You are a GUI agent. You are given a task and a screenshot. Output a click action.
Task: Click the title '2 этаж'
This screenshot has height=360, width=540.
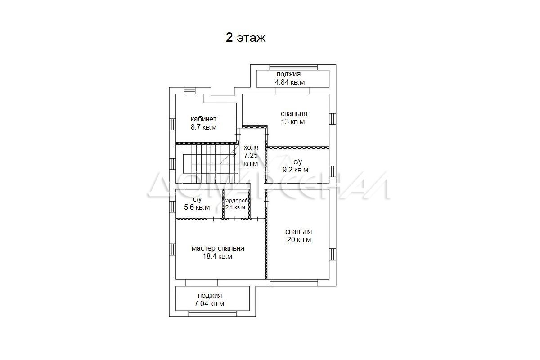(x=246, y=38)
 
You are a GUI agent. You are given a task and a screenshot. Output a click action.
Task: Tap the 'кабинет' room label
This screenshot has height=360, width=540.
(x=203, y=119)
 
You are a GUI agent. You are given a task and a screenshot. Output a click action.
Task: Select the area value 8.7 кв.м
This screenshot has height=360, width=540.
(x=204, y=127)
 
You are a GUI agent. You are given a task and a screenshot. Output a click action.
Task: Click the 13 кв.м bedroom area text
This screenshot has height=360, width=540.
(x=293, y=122)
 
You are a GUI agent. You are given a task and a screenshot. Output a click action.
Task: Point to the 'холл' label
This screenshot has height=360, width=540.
(x=251, y=148)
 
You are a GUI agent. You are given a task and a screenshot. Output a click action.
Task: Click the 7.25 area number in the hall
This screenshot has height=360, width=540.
(x=251, y=155)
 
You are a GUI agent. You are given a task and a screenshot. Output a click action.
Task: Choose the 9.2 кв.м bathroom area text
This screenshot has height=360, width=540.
(x=295, y=170)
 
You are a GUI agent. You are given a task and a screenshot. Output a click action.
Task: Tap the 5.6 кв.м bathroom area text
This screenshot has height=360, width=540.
(x=197, y=207)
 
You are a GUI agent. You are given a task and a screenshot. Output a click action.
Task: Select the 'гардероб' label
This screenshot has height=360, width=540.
(x=236, y=201)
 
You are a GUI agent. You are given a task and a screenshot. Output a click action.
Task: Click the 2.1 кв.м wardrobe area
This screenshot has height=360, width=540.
(x=235, y=207)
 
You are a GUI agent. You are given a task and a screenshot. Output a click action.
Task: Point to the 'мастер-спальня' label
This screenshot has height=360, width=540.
(x=218, y=248)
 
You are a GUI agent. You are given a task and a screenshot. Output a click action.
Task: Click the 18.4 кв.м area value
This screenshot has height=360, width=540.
(x=217, y=256)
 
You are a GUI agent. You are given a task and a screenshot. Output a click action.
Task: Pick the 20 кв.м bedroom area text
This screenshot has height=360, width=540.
(x=299, y=240)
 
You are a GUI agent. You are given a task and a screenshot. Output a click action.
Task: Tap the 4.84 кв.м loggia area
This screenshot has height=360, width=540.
(x=290, y=82)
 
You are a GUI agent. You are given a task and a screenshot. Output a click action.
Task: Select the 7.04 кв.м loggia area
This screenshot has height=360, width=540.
(x=209, y=304)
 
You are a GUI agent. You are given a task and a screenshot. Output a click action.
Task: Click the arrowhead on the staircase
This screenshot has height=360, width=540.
(x=235, y=154)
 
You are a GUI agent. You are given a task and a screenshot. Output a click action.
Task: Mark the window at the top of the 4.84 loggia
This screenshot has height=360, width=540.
(x=293, y=67)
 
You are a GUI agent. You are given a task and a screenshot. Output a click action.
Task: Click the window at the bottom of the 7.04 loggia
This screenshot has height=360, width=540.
(x=212, y=314)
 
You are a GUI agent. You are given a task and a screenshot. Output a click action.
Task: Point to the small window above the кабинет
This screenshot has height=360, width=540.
(x=190, y=90)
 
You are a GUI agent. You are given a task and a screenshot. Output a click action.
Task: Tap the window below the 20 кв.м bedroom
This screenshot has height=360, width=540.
(x=294, y=283)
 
